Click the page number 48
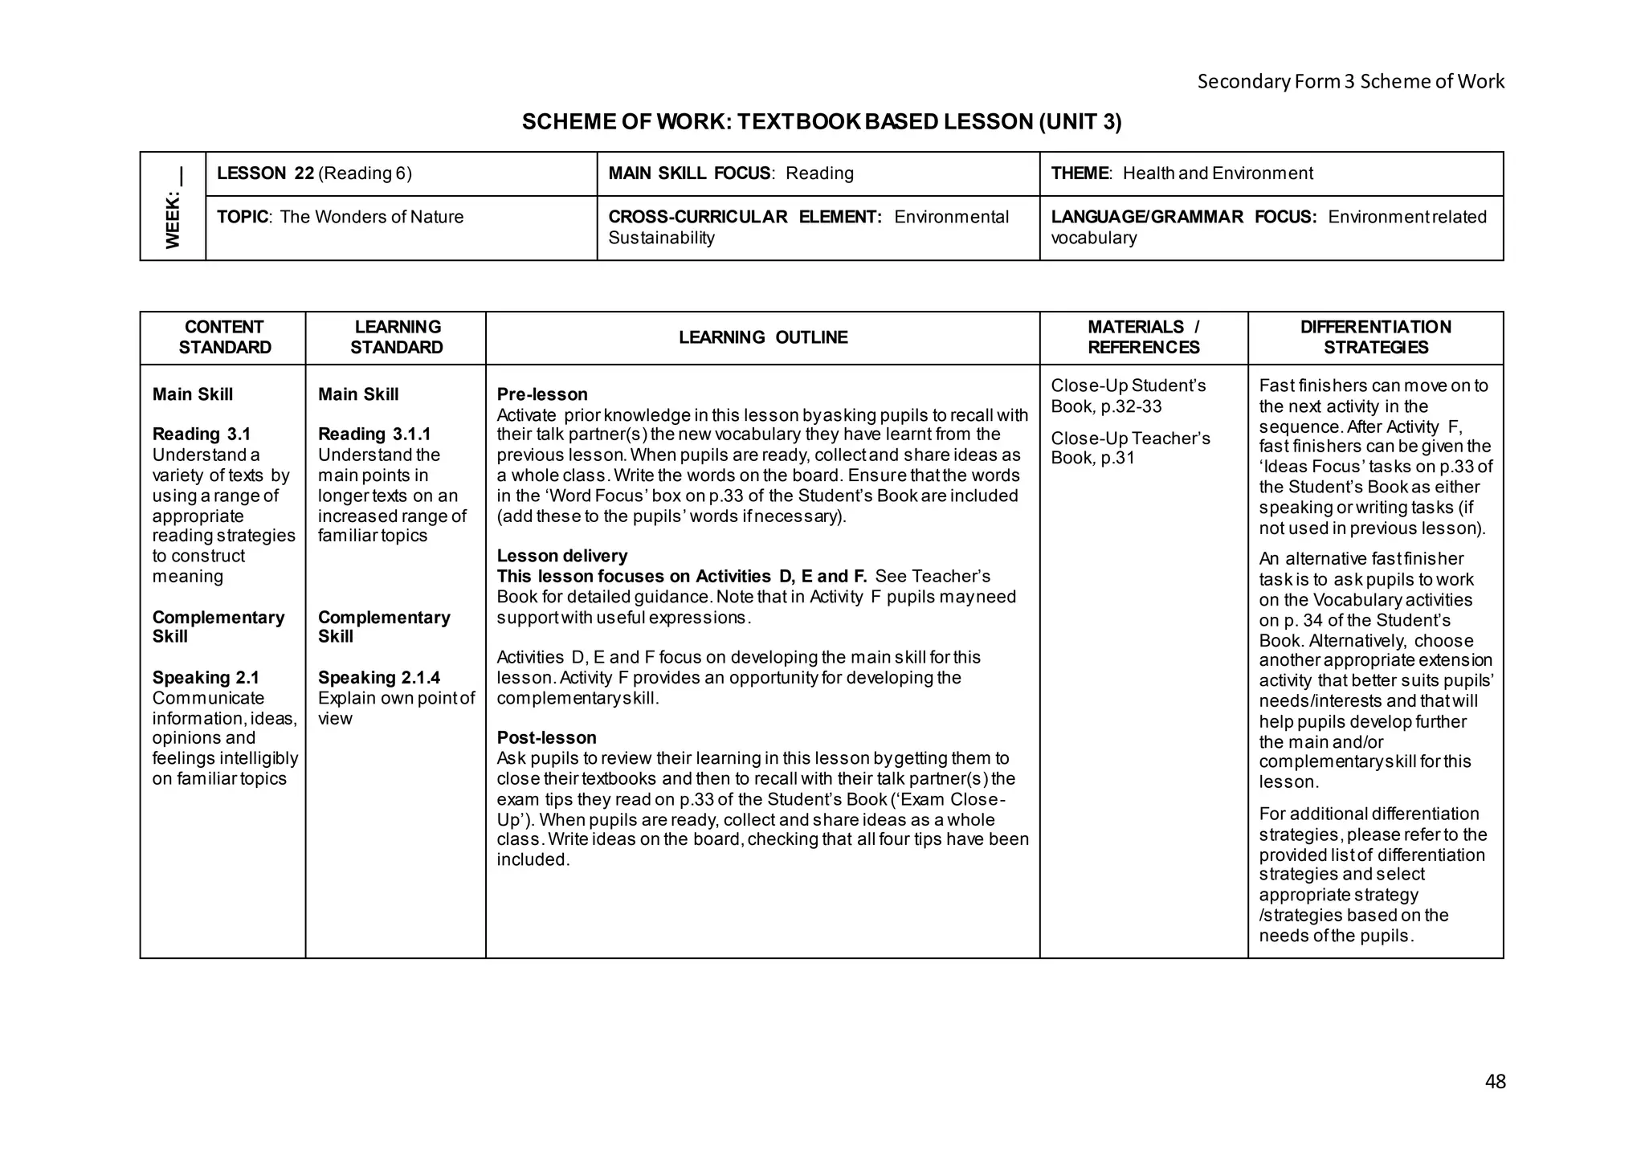tap(1495, 1081)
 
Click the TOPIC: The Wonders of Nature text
tap(340, 217)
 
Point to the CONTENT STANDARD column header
tap(224, 337)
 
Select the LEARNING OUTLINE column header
tap(762, 337)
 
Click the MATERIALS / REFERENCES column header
tap(1143, 337)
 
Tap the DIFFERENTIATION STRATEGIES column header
tap(1375, 337)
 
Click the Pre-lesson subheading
tap(542, 394)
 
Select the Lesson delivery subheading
tap(561, 556)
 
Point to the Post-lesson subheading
tap(546, 737)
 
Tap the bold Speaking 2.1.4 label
tap(378, 678)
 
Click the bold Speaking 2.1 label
tap(206, 678)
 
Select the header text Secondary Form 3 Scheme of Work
tap(1350, 81)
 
